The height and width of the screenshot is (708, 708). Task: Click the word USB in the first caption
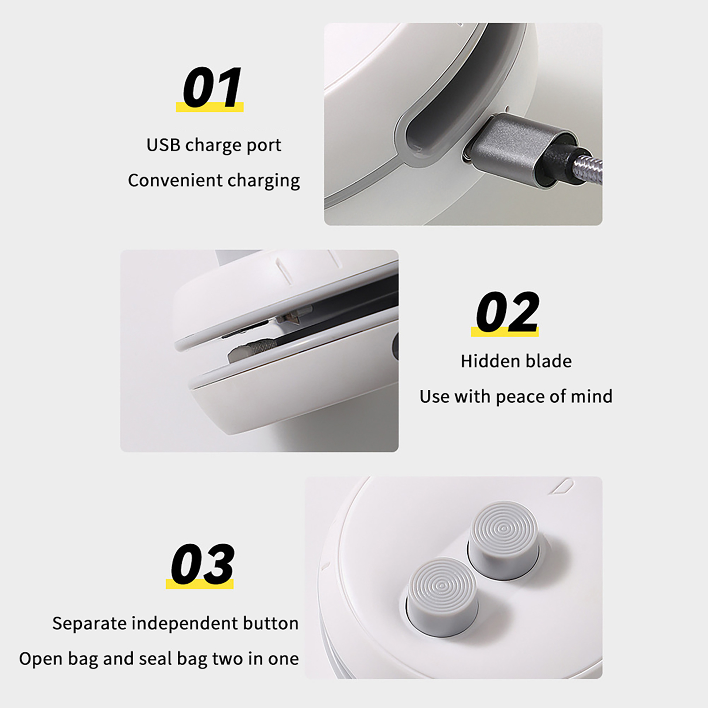163,145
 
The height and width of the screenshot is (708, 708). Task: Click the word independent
184,624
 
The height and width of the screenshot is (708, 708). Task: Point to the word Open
40,659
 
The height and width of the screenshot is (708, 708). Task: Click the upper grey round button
504,538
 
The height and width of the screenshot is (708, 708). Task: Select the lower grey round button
442,595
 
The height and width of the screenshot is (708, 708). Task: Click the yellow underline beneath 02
505,332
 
